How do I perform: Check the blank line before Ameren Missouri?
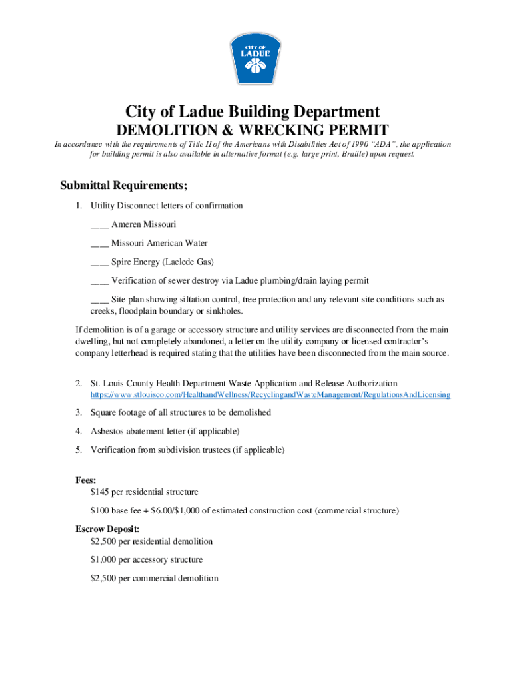click(99, 225)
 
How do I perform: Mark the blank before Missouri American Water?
click(99, 244)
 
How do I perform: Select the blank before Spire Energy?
click(99, 262)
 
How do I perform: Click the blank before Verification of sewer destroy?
click(99, 281)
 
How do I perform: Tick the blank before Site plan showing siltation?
click(99, 300)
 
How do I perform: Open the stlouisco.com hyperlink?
click(270, 395)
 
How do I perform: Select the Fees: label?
click(86, 480)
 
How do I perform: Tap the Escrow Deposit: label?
click(107, 529)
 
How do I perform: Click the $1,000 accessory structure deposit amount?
click(104, 560)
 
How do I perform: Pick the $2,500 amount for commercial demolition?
click(104, 579)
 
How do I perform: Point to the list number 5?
click(79, 450)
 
